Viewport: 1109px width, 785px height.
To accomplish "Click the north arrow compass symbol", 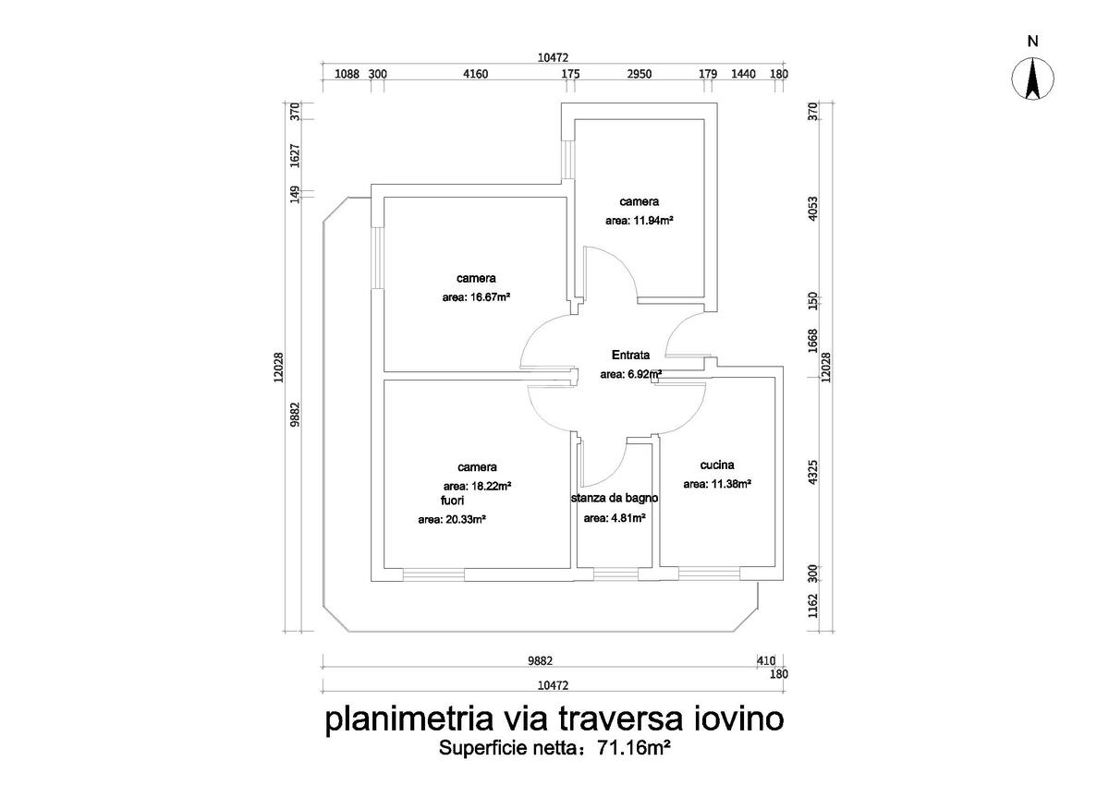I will coord(1033,79).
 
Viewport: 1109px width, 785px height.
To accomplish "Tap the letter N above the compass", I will coord(1033,41).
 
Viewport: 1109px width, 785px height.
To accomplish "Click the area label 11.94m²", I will coord(639,221).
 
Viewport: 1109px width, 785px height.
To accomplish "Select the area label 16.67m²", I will coord(477,298).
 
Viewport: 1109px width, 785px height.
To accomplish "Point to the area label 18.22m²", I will coord(478,486).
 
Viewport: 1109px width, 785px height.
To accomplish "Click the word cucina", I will coord(716,465).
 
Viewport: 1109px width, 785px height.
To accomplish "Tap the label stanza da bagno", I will coord(615,498).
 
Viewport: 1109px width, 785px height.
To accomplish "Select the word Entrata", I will coord(631,355).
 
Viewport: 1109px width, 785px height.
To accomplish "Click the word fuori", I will coord(452,500).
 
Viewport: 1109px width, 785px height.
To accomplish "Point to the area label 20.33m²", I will coord(452,520).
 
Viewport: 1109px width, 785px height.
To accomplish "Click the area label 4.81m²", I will coord(614,518).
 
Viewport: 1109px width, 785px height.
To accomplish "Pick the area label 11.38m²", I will coord(716,484).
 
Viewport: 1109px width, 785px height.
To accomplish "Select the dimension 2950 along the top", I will coord(640,74).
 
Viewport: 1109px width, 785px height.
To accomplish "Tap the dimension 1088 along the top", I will coord(346,74).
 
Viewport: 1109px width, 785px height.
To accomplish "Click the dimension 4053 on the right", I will coord(814,206).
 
